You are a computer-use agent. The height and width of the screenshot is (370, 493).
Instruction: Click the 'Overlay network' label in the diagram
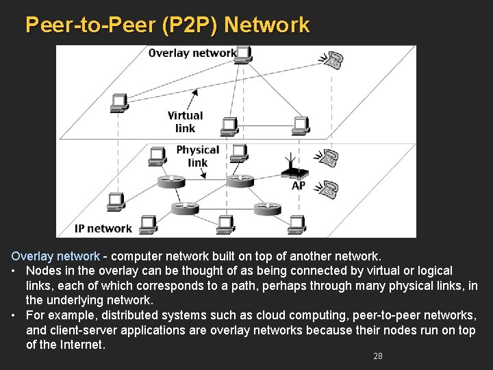[192, 53]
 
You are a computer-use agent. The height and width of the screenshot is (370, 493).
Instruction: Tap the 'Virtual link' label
[185, 122]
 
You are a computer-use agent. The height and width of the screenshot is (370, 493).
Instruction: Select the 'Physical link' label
[197, 156]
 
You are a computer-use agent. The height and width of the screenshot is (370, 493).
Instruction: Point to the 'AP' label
[299, 186]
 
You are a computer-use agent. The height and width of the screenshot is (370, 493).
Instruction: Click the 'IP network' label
[103, 228]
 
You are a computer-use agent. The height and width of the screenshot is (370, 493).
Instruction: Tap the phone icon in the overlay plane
[333, 60]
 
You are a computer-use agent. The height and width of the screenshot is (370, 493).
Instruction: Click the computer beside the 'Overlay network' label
[244, 53]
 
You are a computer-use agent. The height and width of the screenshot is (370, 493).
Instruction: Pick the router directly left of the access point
[240, 180]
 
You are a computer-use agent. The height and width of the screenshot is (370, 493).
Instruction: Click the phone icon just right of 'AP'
[330, 188]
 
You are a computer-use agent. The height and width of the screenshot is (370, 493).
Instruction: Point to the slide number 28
[377, 356]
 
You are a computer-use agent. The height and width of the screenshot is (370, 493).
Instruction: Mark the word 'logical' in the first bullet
[432, 271]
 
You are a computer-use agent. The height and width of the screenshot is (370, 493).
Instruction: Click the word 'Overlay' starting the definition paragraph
[31, 256]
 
